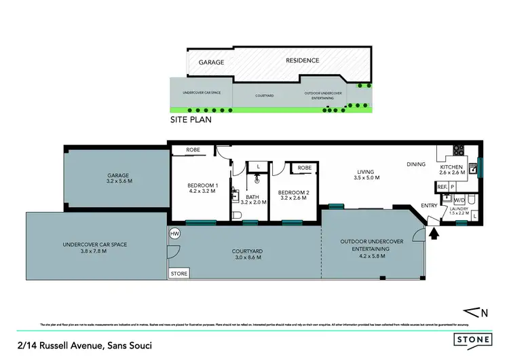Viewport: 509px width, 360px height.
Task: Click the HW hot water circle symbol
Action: click(x=174, y=234)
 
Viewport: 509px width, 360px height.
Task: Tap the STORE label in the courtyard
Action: click(x=179, y=274)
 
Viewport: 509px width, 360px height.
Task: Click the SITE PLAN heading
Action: click(x=191, y=120)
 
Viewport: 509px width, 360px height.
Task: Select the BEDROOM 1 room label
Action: click(x=202, y=189)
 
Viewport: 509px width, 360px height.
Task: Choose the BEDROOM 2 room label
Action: click(x=295, y=196)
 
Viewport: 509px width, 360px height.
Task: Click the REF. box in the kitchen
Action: click(x=441, y=186)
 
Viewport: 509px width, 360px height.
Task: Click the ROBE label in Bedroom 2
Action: click(x=304, y=167)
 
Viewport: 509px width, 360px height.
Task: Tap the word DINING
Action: click(x=416, y=164)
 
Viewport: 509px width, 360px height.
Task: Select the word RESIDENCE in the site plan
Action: click(x=302, y=60)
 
